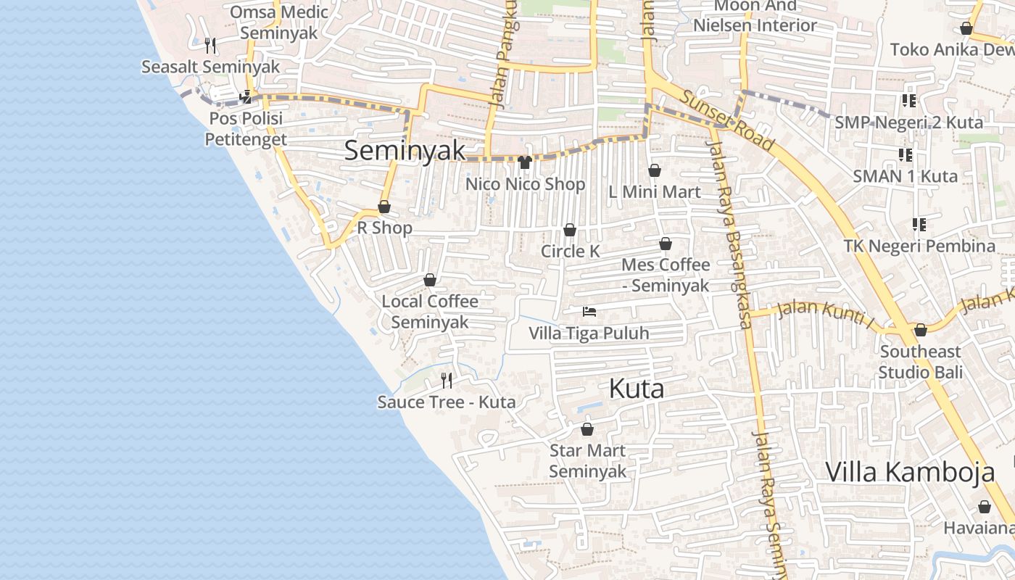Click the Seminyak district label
404,151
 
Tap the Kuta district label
636,389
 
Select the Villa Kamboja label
910,472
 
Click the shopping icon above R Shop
384,207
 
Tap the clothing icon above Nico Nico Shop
525,162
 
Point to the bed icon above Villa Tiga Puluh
589,312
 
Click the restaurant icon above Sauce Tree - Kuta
447,380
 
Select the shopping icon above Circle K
570,230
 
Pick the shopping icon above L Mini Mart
654,170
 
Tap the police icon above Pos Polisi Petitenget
246,96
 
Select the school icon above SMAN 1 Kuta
905,154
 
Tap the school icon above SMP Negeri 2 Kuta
908,100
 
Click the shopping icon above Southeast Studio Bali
920,330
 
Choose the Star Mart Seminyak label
587,460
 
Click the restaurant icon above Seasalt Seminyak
210,45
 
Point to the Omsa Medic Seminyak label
279,22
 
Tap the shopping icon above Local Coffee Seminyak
430,280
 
